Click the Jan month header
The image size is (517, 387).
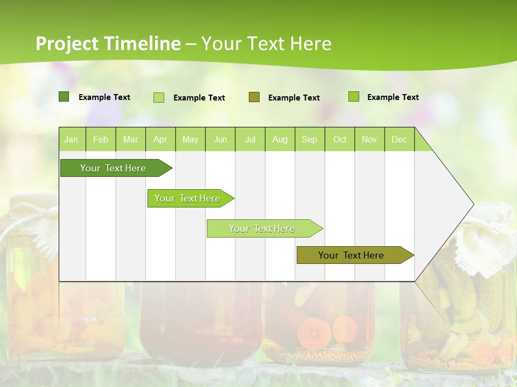click(71, 139)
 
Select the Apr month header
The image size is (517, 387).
click(160, 139)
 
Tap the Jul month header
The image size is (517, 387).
click(250, 139)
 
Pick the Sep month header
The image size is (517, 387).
click(309, 139)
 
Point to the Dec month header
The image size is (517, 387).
click(399, 139)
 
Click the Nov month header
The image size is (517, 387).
click(369, 139)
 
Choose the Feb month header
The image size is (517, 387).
click(101, 139)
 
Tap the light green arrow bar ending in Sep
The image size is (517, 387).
click(262, 228)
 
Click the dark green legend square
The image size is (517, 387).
click(64, 97)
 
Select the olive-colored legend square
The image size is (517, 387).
click(254, 97)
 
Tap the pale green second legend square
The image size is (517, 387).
click(159, 97)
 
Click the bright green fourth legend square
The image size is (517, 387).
click(354, 97)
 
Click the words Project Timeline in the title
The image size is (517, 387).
click(108, 44)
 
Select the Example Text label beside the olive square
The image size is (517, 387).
click(294, 97)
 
